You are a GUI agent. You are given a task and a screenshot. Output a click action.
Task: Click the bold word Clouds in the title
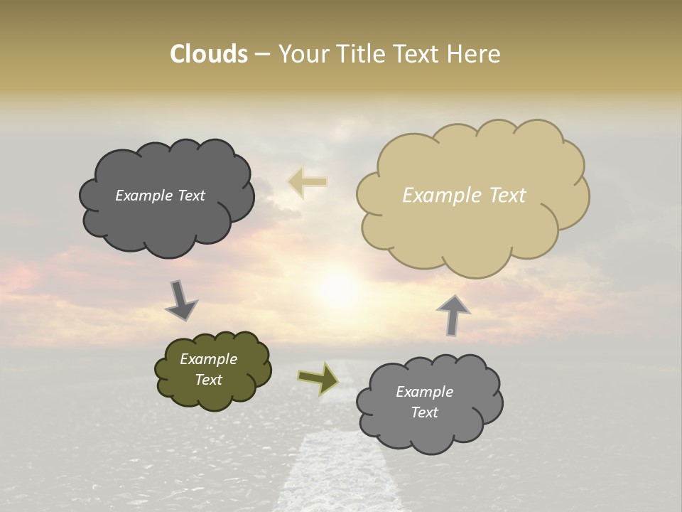[x=208, y=54]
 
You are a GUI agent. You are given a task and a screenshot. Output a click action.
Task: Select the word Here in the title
[x=475, y=54]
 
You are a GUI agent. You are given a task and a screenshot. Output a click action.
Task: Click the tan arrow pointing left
[x=308, y=182]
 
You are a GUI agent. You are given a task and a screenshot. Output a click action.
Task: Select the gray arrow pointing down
[x=180, y=301]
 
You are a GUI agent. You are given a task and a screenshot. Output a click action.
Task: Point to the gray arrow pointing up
[x=453, y=314]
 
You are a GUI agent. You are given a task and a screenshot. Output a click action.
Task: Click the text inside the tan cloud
[x=464, y=196]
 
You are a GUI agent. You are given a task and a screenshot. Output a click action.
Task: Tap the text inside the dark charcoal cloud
[x=160, y=196]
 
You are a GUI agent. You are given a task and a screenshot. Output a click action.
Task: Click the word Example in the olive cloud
[x=208, y=359]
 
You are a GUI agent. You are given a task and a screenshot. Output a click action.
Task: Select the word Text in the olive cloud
[x=208, y=380]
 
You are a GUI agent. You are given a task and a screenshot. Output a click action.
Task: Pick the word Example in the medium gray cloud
[x=424, y=392]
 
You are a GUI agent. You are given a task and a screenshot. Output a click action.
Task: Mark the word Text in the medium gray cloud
[x=424, y=412]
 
